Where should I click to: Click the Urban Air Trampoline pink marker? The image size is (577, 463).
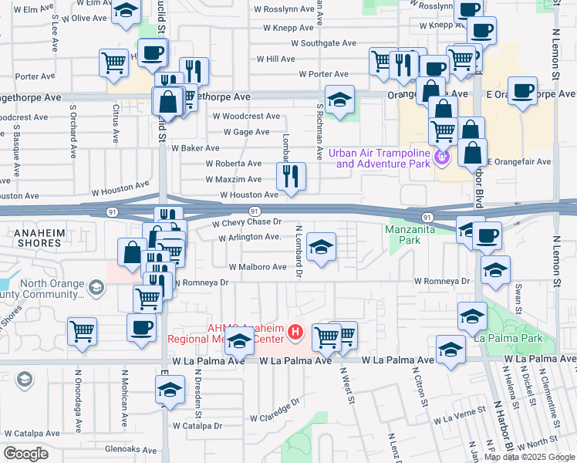(x=441, y=158)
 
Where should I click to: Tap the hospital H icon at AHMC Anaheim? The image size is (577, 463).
(x=294, y=333)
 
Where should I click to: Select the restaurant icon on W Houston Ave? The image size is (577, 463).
(x=291, y=176)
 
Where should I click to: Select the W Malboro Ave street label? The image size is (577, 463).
(x=257, y=267)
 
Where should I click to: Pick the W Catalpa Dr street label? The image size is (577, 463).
(x=197, y=425)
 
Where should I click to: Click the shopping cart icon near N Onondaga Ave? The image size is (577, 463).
(x=82, y=332)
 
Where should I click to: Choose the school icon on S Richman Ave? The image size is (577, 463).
(x=339, y=100)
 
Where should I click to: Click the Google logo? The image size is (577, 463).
(x=26, y=453)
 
